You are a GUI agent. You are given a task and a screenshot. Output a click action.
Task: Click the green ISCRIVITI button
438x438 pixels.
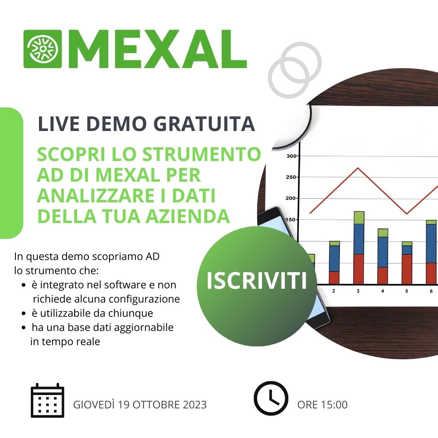coord(257,286)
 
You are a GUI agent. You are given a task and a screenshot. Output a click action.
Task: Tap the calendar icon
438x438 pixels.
coord(47,400)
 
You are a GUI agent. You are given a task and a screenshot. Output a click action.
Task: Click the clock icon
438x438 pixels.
coord(271,398)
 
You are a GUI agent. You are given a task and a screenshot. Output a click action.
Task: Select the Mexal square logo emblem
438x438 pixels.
coord(43,49)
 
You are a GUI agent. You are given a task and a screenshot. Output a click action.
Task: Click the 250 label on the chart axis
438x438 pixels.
coord(291,177)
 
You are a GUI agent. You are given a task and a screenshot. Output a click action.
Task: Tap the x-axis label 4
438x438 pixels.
coord(383,291)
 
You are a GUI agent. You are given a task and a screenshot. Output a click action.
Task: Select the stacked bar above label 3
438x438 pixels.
coord(359,248)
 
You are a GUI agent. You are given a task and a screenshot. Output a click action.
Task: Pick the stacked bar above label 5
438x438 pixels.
coord(407,263)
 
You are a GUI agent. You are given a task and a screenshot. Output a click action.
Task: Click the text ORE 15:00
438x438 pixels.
coord(322,405)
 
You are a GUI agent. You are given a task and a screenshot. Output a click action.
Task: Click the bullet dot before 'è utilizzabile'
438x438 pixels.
coord(24,313)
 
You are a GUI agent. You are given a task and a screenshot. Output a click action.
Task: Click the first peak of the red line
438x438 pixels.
coord(359,168)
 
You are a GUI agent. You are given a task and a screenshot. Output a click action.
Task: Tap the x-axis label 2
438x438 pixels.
coord(333,291)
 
